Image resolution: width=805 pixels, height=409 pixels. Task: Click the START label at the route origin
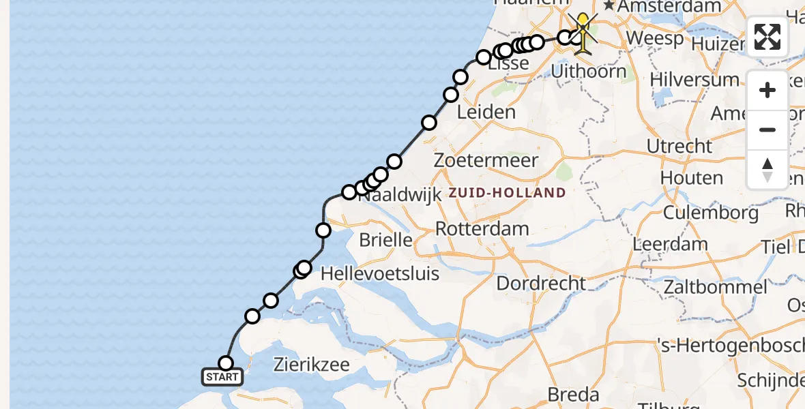click(222, 376)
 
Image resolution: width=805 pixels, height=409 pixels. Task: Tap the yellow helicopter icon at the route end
click(584, 34)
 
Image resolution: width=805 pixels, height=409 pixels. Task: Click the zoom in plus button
click(767, 90)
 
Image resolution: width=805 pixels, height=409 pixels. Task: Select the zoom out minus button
click(767, 130)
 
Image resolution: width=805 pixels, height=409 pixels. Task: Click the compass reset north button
click(767, 169)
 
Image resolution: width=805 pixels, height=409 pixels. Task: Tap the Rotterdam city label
click(482, 228)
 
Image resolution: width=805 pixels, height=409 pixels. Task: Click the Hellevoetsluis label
click(379, 273)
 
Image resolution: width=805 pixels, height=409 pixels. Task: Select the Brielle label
click(385, 240)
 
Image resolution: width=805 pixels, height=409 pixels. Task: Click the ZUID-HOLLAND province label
click(507, 193)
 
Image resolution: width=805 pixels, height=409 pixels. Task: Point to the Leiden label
click(486, 112)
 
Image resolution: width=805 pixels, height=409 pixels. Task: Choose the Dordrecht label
click(540, 283)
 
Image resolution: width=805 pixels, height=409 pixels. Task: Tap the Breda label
click(574, 394)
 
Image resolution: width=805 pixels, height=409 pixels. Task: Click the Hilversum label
click(694, 79)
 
